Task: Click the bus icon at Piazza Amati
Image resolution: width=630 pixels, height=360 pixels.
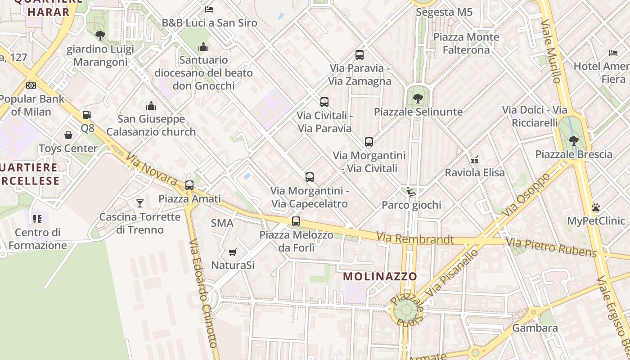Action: point(189,185)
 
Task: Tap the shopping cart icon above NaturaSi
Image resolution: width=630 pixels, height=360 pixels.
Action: point(232,252)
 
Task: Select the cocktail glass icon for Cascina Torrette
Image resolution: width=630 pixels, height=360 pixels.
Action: point(140,203)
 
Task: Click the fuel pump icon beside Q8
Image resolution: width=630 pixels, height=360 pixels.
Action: point(87,115)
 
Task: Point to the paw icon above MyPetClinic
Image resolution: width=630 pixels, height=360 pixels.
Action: point(596,207)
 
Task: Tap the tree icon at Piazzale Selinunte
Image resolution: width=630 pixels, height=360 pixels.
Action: point(418,98)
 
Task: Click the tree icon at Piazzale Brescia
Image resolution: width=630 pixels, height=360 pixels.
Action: point(573,141)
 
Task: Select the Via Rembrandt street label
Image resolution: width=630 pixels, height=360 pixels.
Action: point(415,238)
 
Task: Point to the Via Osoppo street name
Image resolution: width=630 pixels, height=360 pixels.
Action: point(526,194)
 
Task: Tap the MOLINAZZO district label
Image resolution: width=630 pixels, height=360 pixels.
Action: point(380,277)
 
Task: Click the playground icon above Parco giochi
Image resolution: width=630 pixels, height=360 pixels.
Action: point(411,192)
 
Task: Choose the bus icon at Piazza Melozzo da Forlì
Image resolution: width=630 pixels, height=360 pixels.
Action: point(296,221)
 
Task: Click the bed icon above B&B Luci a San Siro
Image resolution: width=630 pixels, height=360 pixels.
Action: point(209,9)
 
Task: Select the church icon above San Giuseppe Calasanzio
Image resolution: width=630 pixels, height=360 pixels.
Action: point(151,106)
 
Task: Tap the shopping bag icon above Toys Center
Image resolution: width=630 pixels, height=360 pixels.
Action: point(68,135)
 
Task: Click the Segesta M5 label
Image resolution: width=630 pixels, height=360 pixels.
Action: point(444,12)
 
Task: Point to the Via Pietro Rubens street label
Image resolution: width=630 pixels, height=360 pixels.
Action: point(551,247)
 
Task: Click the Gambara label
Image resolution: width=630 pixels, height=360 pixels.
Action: point(535,328)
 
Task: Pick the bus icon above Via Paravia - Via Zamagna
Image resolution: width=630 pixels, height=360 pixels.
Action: point(359,55)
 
